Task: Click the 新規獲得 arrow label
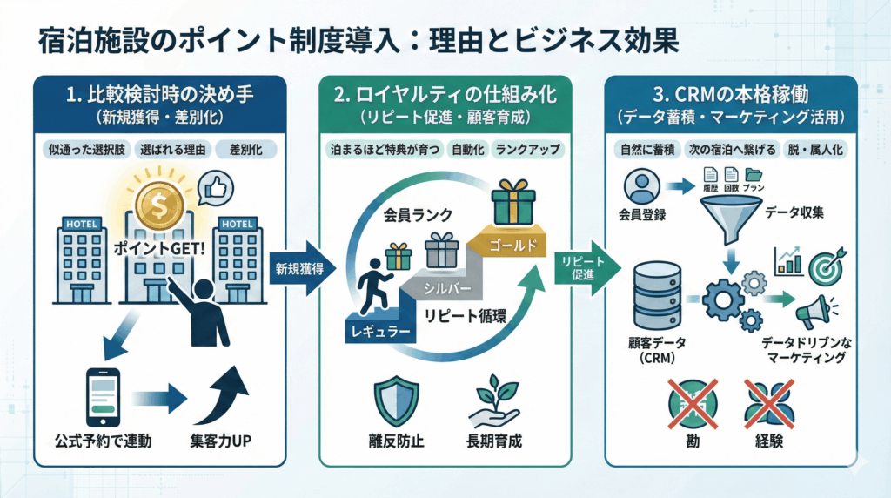tap(299, 268)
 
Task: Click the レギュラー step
tap(381, 332)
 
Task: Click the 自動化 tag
tap(468, 149)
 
